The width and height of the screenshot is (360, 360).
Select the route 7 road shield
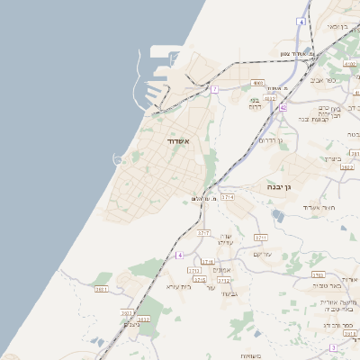click(x=214, y=90)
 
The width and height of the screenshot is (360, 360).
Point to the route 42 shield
click(x=283, y=108)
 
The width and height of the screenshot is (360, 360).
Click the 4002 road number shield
click(x=257, y=83)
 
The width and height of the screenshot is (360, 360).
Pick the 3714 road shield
click(x=228, y=196)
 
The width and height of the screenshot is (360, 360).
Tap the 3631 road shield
click(x=101, y=289)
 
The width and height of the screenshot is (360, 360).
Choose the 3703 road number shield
click(x=317, y=274)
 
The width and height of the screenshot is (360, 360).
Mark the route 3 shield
click(x=332, y=347)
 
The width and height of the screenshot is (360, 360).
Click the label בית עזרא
click(x=180, y=286)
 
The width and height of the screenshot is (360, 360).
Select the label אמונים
click(x=223, y=270)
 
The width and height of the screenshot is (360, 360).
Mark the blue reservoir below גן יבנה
click(x=277, y=214)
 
